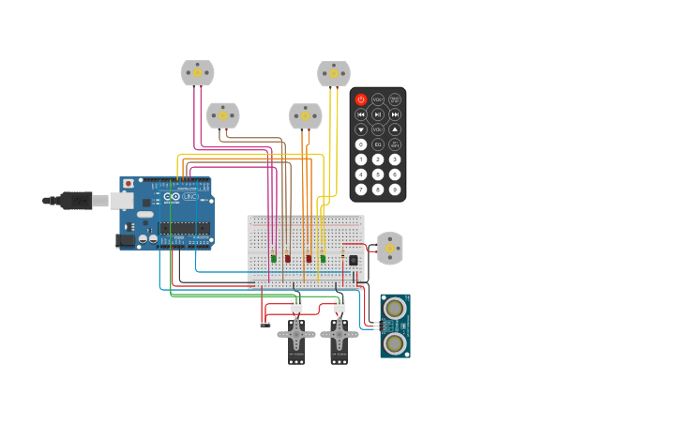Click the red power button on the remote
pyautogui.click(x=361, y=99)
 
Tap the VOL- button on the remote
pyautogui.click(x=378, y=129)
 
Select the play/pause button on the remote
pyautogui.click(x=378, y=114)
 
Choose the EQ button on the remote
pyautogui.click(x=378, y=144)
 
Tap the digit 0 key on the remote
pyautogui.click(x=361, y=144)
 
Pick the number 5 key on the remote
pyautogui.click(x=378, y=175)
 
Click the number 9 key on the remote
pyautogui.click(x=395, y=190)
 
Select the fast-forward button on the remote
pyautogui.click(x=395, y=114)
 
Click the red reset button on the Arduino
pyautogui.click(x=128, y=184)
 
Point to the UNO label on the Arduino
pyautogui.click(x=190, y=196)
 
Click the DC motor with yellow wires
pyautogui.click(x=334, y=73)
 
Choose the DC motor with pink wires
pyautogui.click(x=197, y=72)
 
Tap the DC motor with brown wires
pyautogui.click(x=223, y=115)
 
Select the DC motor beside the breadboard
pyautogui.click(x=389, y=248)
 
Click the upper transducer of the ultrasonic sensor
pyautogui.click(x=395, y=308)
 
